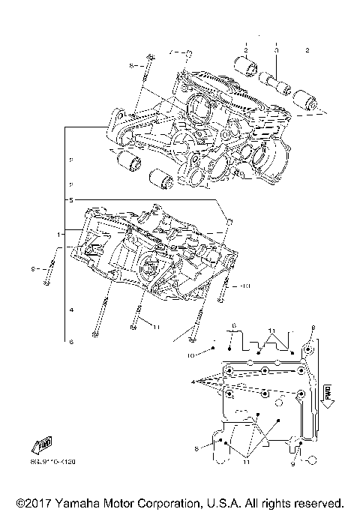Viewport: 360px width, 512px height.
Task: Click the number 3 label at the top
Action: pyautogui.click(x=276, y=50)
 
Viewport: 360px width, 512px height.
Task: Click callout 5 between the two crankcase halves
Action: pyautogui.click(x=72, y=201)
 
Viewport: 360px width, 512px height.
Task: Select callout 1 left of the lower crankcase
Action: pyautogui.click(x=58, y=235)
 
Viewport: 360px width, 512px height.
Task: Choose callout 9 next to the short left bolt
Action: pyautogui.click(x=34, y=268)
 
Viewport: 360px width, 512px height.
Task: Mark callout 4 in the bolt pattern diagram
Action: pyautogui.click(x=195, y=382)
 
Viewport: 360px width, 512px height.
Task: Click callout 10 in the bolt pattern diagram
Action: pyautogui.click(x=191, y=353)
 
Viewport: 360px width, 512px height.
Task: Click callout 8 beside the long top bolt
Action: pyautogui.click(x=132, y=67)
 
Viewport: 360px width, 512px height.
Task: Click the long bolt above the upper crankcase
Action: pyautogui.click(x=147, y=82)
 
